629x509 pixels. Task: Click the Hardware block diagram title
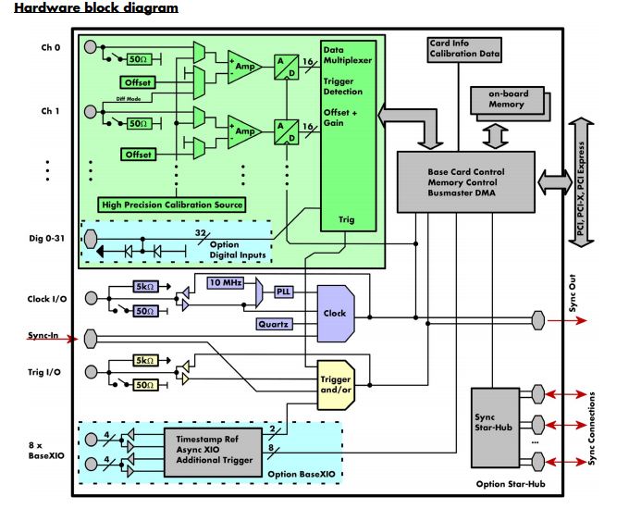click(96, 7)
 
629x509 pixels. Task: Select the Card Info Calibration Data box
click(464, 49)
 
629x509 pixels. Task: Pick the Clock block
click(335, 313)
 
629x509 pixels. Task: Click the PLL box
click(283, 292)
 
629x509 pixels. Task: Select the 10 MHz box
click(226, 281)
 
